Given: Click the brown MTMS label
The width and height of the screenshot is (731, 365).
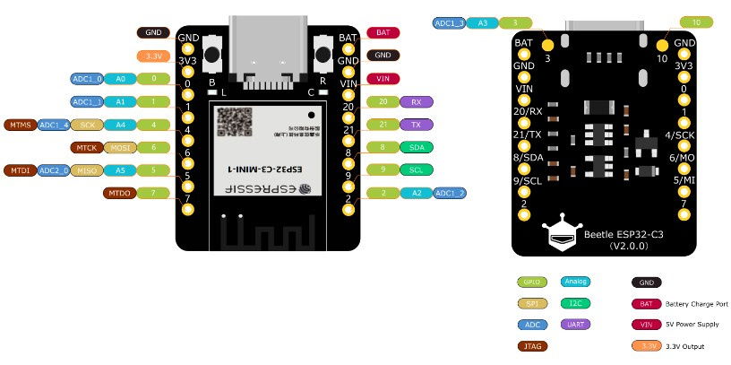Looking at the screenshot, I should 20,124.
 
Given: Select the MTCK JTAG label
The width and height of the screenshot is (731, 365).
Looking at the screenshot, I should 87,146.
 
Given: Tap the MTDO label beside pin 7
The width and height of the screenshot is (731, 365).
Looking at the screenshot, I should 119,192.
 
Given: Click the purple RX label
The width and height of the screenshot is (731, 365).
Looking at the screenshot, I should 416,101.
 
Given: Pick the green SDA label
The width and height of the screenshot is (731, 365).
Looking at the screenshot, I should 417,146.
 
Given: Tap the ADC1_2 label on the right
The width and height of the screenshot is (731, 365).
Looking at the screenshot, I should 449,192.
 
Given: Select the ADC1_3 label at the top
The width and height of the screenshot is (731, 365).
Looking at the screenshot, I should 448,22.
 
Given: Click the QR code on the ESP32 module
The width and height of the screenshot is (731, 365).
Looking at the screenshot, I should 235,123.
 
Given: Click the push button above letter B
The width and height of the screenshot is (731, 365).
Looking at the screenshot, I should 212,54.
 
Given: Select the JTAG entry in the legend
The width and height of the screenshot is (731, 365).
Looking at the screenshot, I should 532,345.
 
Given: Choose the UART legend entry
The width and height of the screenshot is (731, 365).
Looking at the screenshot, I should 574,324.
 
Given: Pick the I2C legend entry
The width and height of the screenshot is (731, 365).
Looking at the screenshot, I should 574,303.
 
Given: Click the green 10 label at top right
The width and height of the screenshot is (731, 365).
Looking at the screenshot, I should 698,22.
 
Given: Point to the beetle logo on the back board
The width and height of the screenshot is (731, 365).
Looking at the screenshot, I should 563,235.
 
